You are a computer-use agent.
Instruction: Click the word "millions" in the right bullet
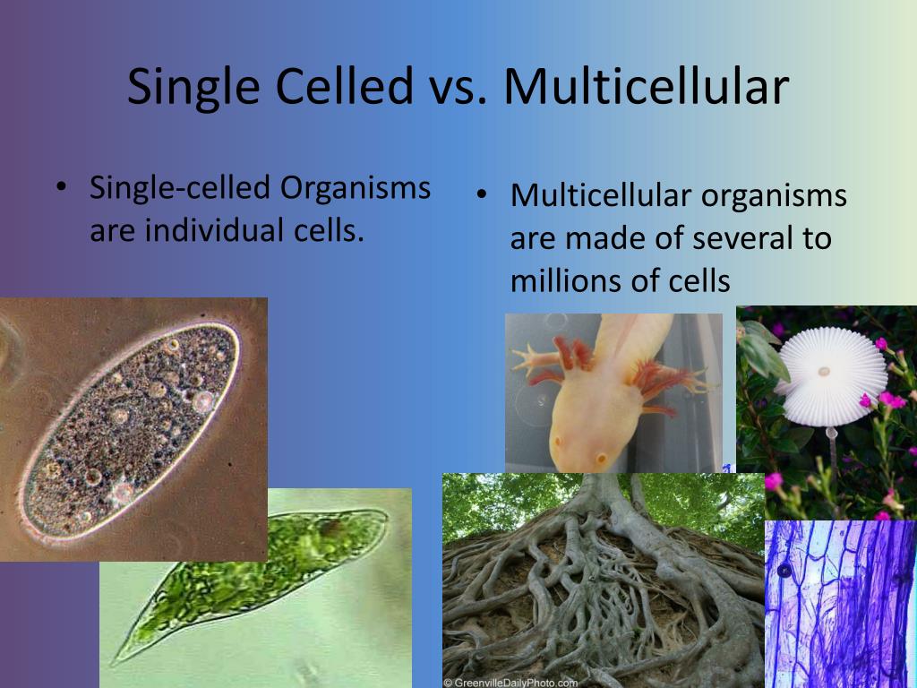[x=563, y=280]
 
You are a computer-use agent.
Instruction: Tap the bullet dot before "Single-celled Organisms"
[x=61, y=190]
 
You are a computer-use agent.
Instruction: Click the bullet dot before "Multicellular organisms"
[x=482, y=196]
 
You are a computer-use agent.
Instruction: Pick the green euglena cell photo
[x=260, y=582]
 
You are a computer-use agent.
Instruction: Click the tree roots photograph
[x=600, y=582]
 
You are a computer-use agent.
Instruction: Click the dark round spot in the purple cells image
[x=784, y=571]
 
